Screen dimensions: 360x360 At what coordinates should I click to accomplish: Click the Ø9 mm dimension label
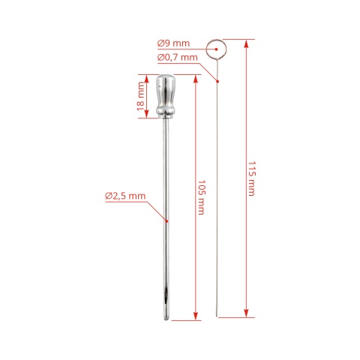[173, 43]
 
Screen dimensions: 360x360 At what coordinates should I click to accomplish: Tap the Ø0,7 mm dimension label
[178, 58]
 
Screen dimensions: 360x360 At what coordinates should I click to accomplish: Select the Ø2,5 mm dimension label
[125, 196]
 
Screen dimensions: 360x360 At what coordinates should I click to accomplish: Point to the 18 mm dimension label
[141, 97]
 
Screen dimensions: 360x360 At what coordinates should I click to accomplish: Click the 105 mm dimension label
[202, 197]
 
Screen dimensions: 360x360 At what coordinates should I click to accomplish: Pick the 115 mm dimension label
[252, 178]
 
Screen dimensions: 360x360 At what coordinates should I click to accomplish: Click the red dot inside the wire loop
[216, 49]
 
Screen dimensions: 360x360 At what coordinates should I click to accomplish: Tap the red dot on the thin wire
[217, 81]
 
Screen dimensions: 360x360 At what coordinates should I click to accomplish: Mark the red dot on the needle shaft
[166, 221]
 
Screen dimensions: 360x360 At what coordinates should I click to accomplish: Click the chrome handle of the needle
[166, 96]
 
